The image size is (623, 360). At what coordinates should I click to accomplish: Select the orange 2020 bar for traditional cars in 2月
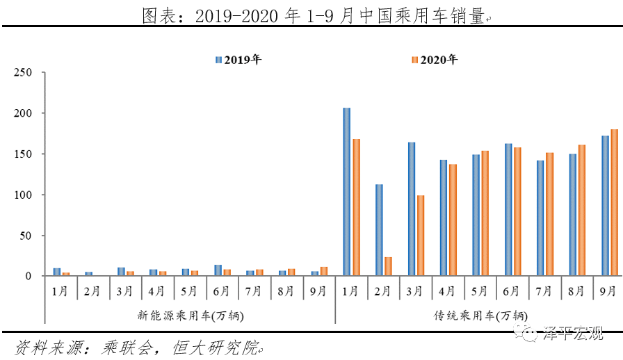coord(388,267)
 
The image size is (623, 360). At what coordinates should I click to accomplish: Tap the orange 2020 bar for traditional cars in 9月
coord(614,202)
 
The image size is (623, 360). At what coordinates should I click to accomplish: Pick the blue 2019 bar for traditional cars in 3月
coord(412,209)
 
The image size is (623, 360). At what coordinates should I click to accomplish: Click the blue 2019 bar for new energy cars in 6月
coord(218,270)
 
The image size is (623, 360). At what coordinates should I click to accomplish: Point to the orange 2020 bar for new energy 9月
coord(323,271)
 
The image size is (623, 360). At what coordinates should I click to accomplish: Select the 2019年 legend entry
coord(238,60)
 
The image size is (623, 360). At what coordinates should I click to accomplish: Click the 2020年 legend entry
coord(435,60)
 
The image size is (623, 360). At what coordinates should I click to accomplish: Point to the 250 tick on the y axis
coord(24,72)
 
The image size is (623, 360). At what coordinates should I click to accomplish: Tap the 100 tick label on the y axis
coord(24,195)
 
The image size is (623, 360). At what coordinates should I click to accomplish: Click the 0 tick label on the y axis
coord(29,276)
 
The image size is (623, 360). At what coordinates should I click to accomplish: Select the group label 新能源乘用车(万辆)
coord(190,316)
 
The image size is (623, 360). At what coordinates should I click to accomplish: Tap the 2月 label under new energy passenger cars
coord(93,292)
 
